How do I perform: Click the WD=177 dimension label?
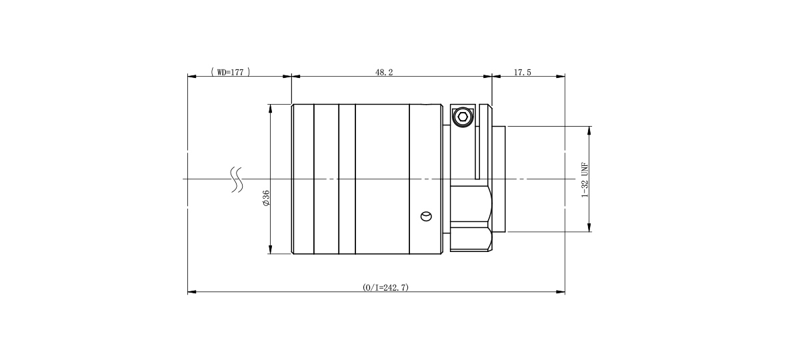point(231,72)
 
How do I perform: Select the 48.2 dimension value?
point(384,73)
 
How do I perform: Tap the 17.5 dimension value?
point(523,73)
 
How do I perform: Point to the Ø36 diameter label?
point(266,198)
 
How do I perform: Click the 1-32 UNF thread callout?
point(585,180)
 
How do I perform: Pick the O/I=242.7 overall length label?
point(385,287)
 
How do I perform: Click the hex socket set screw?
point(463,117)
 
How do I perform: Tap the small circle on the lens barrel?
point(426,217)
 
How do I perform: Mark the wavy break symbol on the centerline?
point(237,179)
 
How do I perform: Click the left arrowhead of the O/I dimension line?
point(192,292)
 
